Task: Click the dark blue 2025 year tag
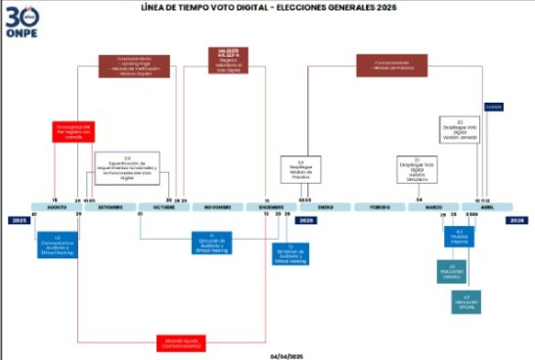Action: click(17, 220)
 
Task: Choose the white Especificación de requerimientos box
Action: click(126, 166)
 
